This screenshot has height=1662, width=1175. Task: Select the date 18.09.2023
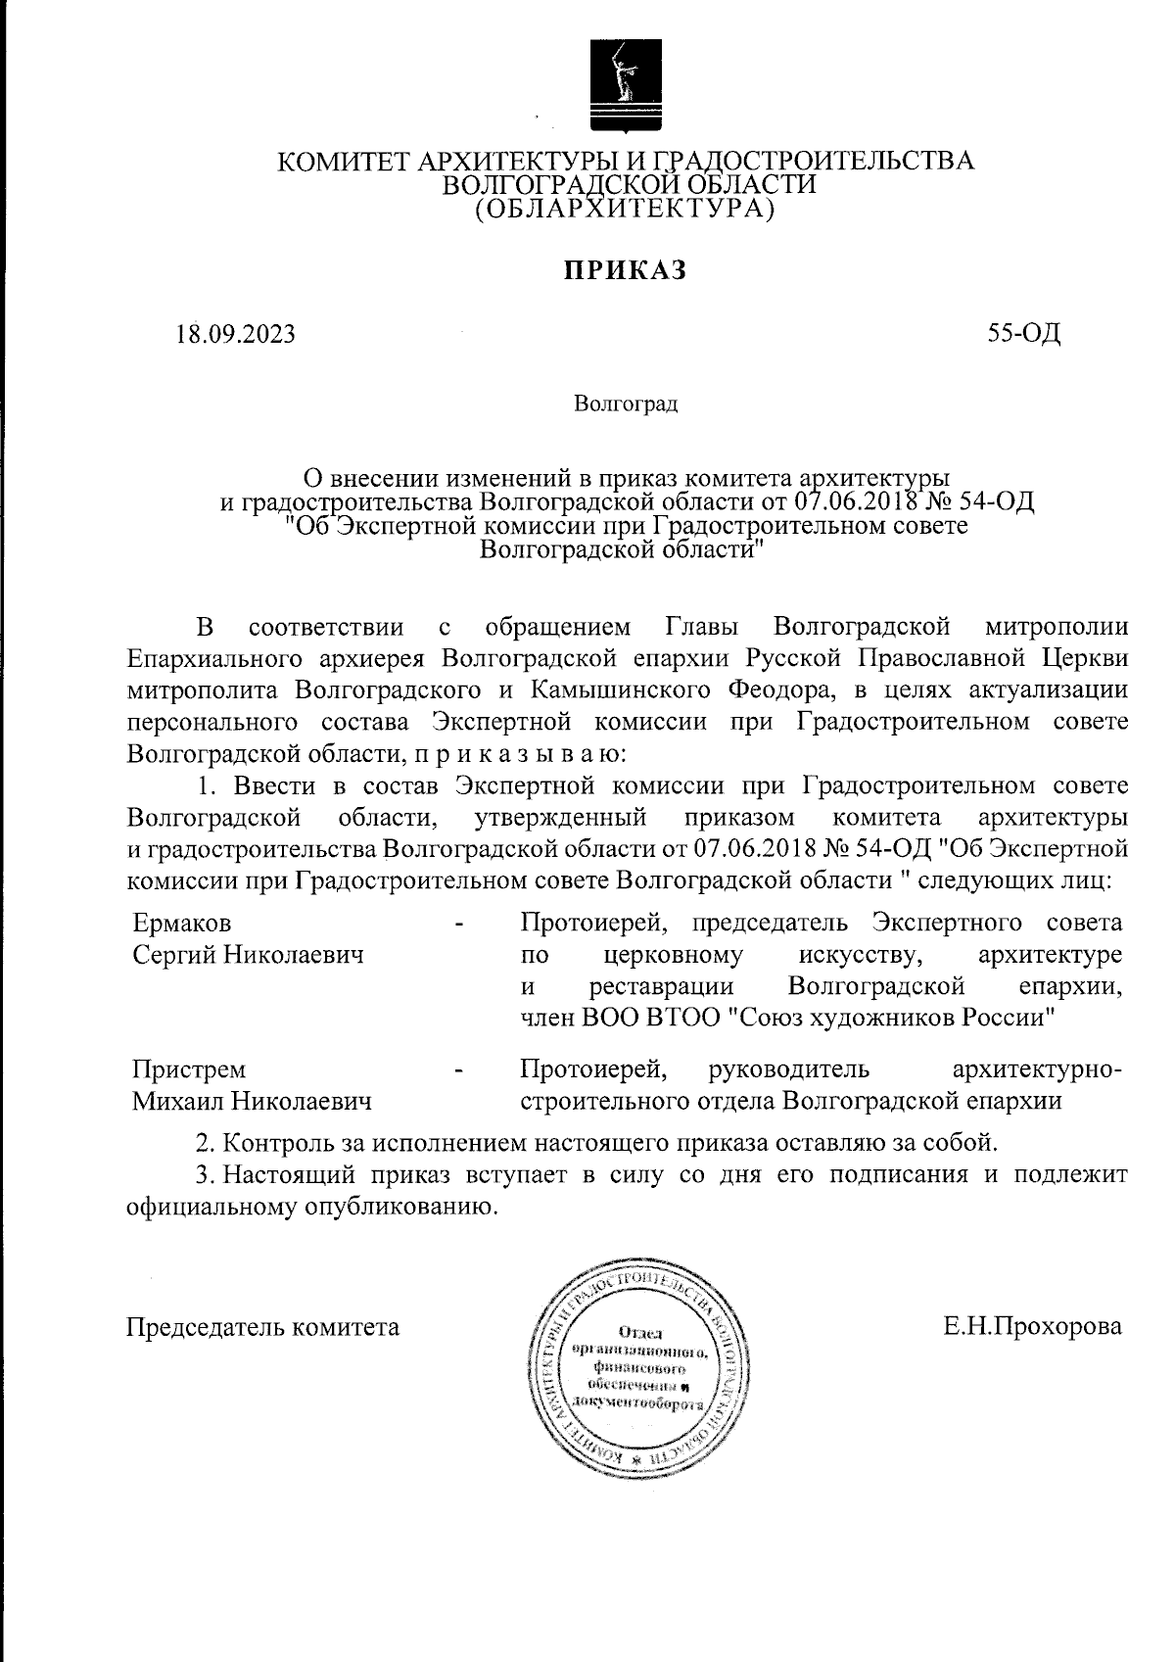tap(235, 335)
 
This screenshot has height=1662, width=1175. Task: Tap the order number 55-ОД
tap(1024, 334)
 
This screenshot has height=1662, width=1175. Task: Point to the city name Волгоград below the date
tap(626, 403)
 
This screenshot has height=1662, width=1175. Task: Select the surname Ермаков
tap(182, 923)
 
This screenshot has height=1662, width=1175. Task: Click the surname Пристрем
tap(190, 1069)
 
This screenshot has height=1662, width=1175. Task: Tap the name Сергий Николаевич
tap(248, 954)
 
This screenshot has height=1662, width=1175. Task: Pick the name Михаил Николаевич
tap(252, 1101)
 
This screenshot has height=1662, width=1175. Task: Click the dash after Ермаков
tap(458, 924)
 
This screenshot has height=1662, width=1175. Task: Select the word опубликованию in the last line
tap(398, 1207)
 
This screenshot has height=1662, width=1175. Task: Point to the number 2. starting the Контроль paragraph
tap(206, 1143)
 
